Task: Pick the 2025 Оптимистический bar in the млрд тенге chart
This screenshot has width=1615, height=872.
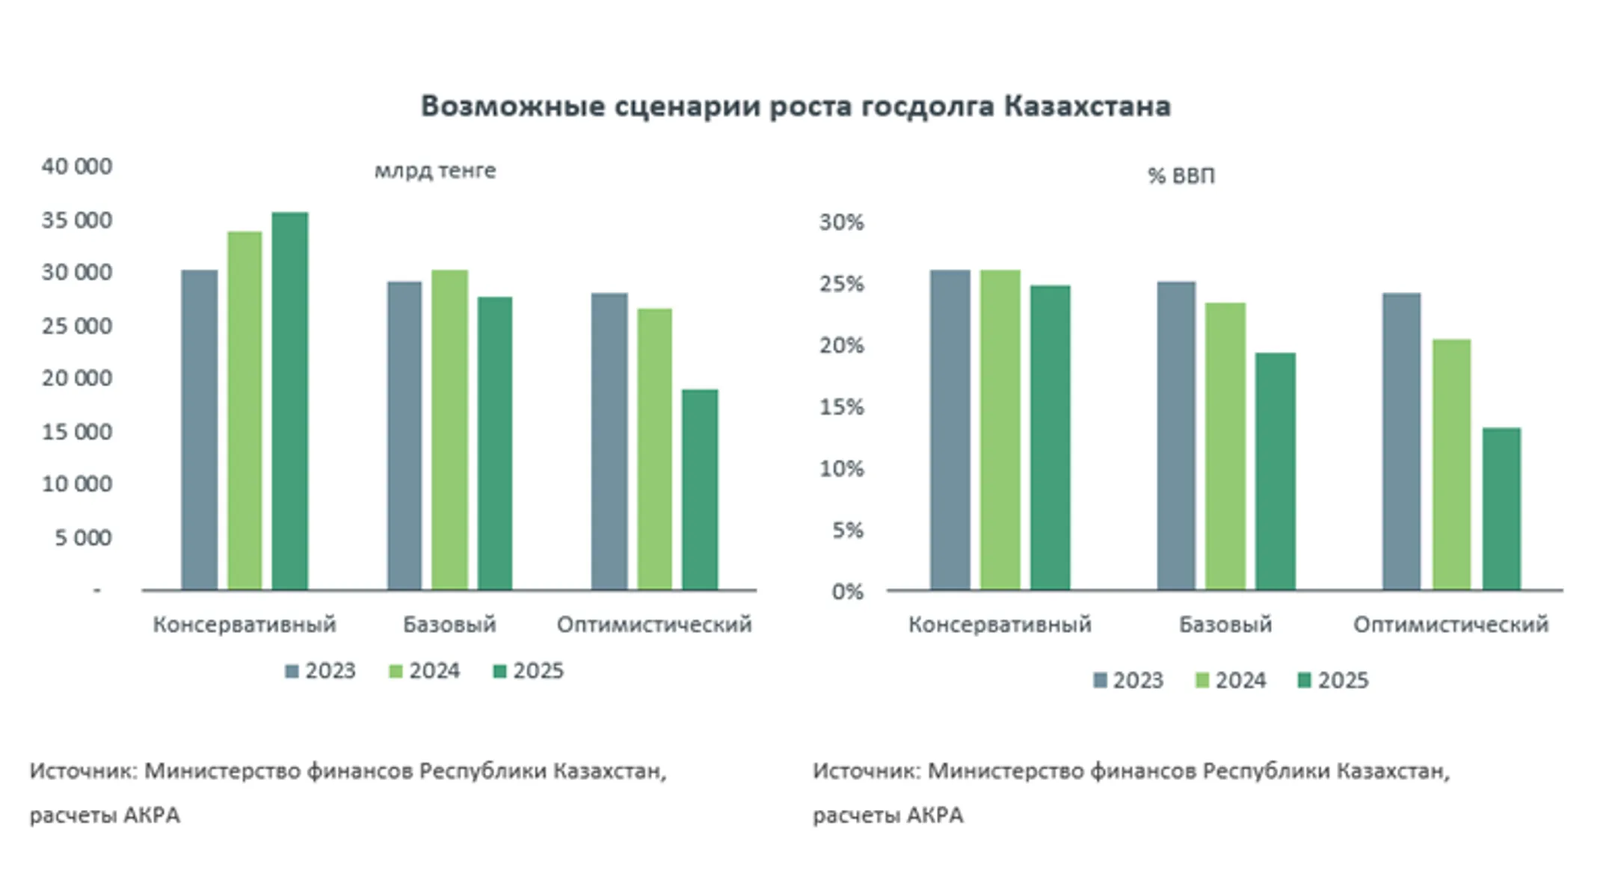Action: pyautogui.click(x=700, y=489)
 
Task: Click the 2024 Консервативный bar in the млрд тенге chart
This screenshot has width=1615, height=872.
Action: pyautogui.click(x=244, y=411)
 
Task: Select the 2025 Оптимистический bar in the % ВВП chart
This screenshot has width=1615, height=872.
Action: pyautogui.click(x=1501, y=509)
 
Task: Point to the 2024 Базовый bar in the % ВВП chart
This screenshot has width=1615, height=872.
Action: pyautogui.click(x=1225, y=446)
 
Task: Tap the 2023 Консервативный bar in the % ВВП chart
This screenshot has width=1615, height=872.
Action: pyautogui.click(x=950, y=430)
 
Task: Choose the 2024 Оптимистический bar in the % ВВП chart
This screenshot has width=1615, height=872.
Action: pyautogui.click(x=1451, y=465)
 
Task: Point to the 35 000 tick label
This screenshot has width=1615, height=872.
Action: pyautogui.click(x=76, y=220)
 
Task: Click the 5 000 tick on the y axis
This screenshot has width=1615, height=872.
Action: pyautogui.click(x=82, y=538)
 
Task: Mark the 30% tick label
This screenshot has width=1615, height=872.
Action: pyautogui.click(x=841, y=222)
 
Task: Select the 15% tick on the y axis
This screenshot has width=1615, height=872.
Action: pyautogui.click(x=841, y=407)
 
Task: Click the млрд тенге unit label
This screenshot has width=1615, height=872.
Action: pyautogui.click(x=434, y=171)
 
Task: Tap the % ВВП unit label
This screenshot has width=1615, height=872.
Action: pyautogui.click(x=1181, y=176)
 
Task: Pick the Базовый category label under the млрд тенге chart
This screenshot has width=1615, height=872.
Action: pyautogui.click(x=449, y=625)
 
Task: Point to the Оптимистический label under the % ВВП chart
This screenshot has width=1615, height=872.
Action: pyautogui.click(x=1451, y=625)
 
